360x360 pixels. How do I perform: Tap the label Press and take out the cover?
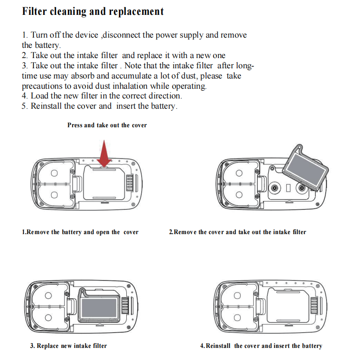coord(107,125)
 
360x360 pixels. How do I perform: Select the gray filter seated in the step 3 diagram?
coord(99,307)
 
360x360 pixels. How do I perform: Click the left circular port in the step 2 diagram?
coord(275,188)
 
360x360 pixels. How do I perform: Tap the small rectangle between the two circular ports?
coord(288,188)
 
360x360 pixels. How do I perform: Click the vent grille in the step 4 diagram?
coord(314,306)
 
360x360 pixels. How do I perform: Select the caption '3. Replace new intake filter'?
coord(69,346)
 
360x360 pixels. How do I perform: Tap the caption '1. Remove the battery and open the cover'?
coord(80,232)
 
